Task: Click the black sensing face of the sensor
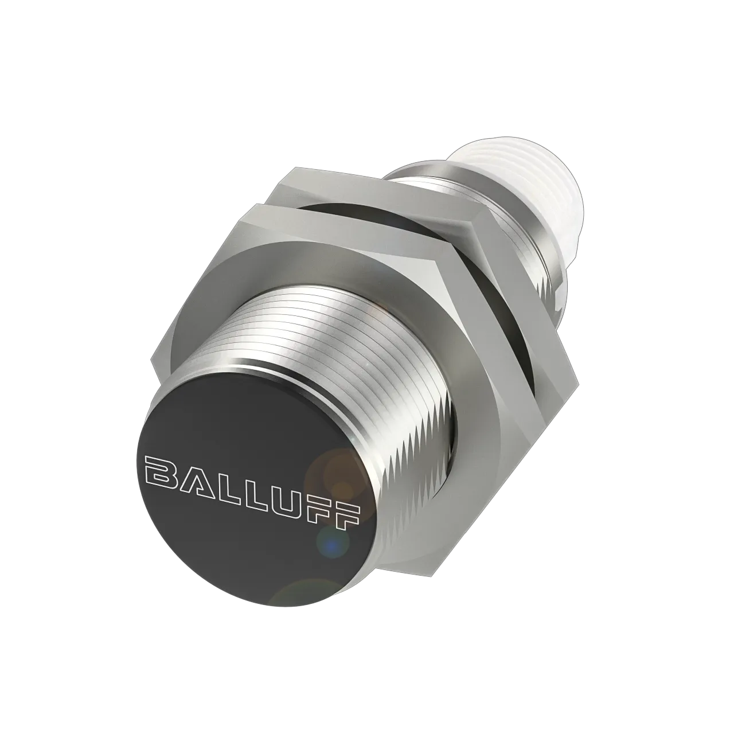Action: [x=247, y=516]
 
